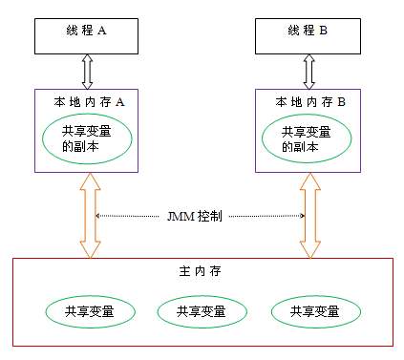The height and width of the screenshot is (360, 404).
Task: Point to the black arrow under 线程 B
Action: click(x=308, y=71)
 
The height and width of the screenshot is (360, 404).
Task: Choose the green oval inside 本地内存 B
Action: click(x=308, y=141)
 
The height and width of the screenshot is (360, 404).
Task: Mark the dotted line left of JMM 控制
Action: click(x=129, y=217)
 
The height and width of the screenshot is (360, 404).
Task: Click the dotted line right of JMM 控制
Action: click(x=267, y=217)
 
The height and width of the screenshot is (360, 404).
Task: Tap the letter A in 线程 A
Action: click(x=102, y=31)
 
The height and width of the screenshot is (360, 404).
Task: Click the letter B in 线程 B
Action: click(x=323, y=31)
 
